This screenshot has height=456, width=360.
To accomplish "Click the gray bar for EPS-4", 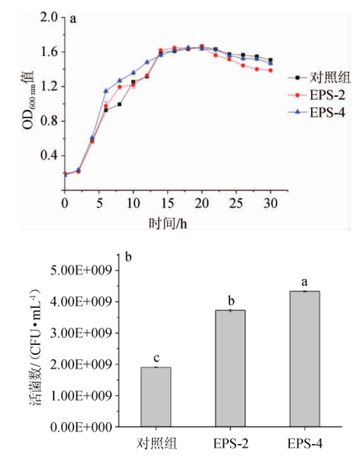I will point(304,359).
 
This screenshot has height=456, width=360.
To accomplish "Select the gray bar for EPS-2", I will point(230,368).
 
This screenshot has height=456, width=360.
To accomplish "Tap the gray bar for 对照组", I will point(155,397).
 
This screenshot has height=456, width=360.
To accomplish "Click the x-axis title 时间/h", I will point(167,223).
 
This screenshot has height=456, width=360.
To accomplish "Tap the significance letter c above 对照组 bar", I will point(155,358).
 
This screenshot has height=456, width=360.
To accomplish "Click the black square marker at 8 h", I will point(119,104).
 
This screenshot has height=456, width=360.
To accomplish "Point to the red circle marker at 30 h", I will point(270,70).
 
